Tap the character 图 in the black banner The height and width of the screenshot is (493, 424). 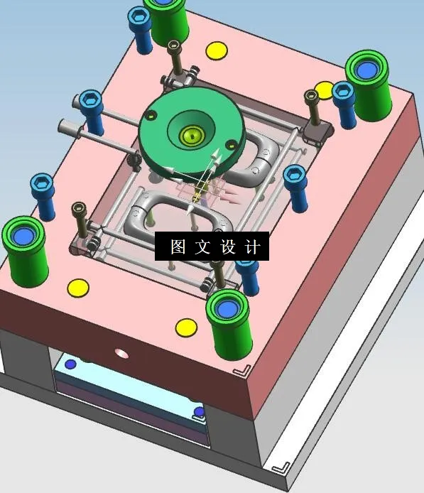178,247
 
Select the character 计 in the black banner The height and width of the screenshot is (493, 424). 253,247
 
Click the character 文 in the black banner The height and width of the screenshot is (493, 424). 202,247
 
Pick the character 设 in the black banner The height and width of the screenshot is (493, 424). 228,247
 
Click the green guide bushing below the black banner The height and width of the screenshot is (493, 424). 229,321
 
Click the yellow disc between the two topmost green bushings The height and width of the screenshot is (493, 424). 216,50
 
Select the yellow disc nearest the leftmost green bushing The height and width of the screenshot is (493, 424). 77,288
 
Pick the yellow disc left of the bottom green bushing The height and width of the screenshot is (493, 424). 186,327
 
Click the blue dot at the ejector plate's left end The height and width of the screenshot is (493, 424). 70,364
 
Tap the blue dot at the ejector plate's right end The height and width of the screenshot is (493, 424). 199,411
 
